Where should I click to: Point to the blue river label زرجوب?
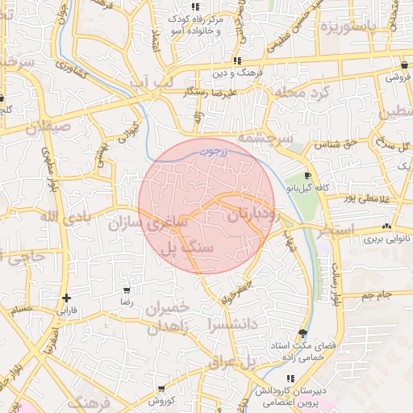[x=214, y=150]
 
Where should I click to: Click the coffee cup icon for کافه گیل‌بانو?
[x=307, y=175]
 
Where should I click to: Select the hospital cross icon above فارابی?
[x=67, y=295]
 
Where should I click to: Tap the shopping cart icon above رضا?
[x=126, y=290]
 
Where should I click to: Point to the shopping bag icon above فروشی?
[x=404, y=65]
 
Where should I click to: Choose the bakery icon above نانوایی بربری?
[x=387, y=226]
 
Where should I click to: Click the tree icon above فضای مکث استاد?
[x=302, y=332]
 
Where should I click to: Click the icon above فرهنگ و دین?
[x=236, y=60]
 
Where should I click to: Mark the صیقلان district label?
[x=48, y=127]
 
